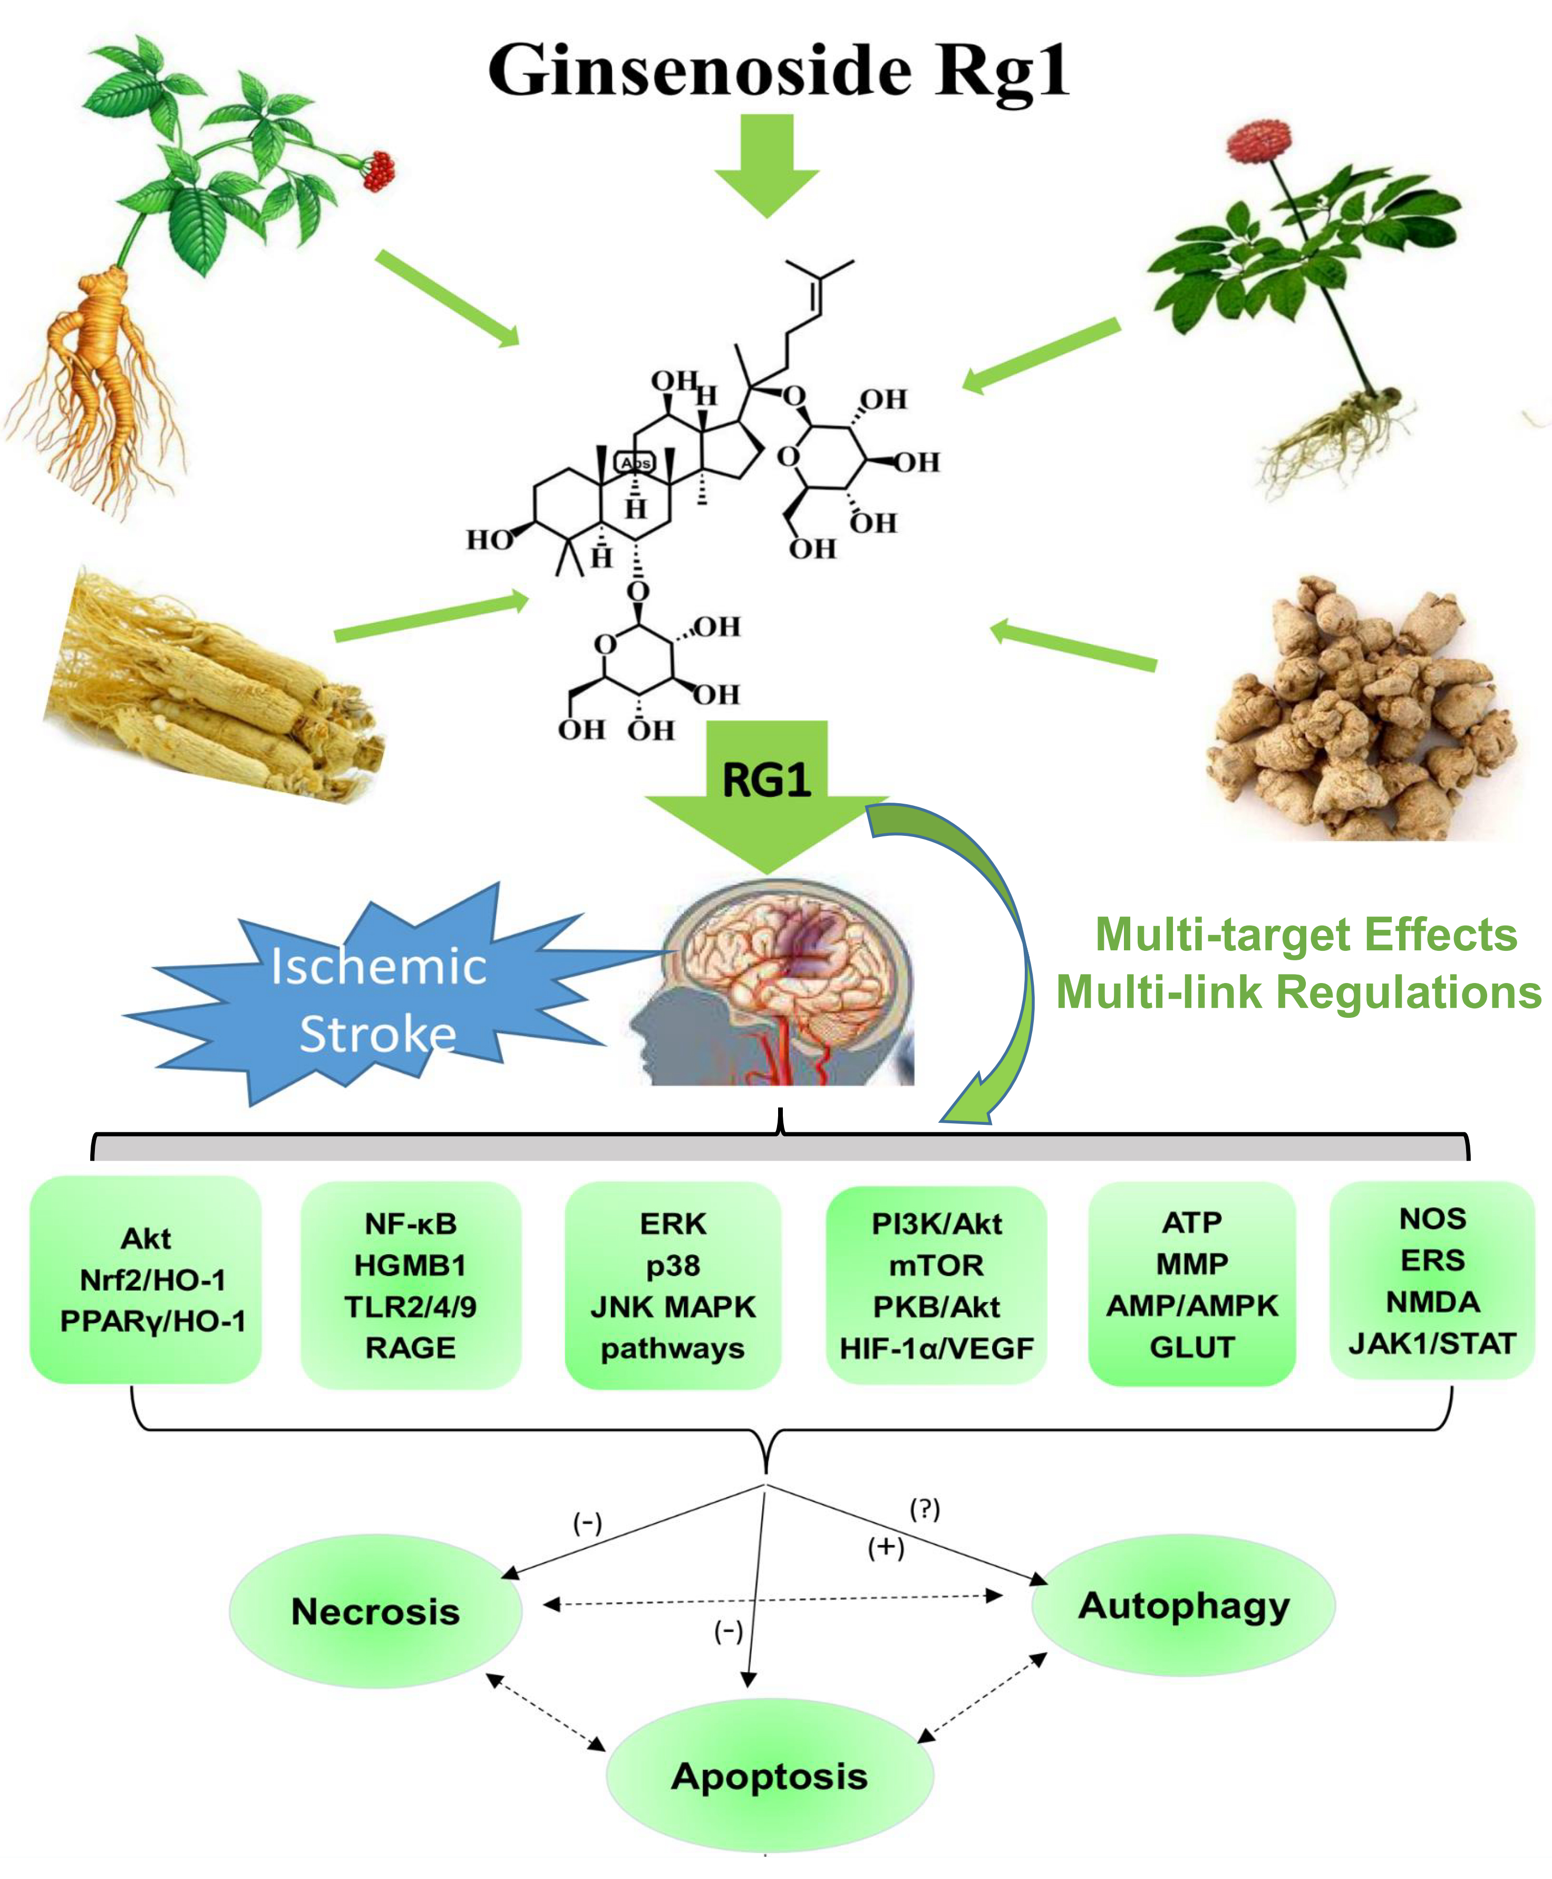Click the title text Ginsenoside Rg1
[x=778, y=70]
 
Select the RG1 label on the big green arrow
[x=766, y=780]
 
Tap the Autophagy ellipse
[x=1183, y=1605]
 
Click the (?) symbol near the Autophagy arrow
[x=925, y=1510]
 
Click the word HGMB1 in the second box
[x=410, y=1266]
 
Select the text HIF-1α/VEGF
[x=936, y=1348]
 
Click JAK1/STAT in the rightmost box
[x=1432, y=1343]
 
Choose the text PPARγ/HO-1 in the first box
[x=152, y=1321]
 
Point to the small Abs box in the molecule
[x=636, y=462]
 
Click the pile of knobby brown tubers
[x=1359, y=707]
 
